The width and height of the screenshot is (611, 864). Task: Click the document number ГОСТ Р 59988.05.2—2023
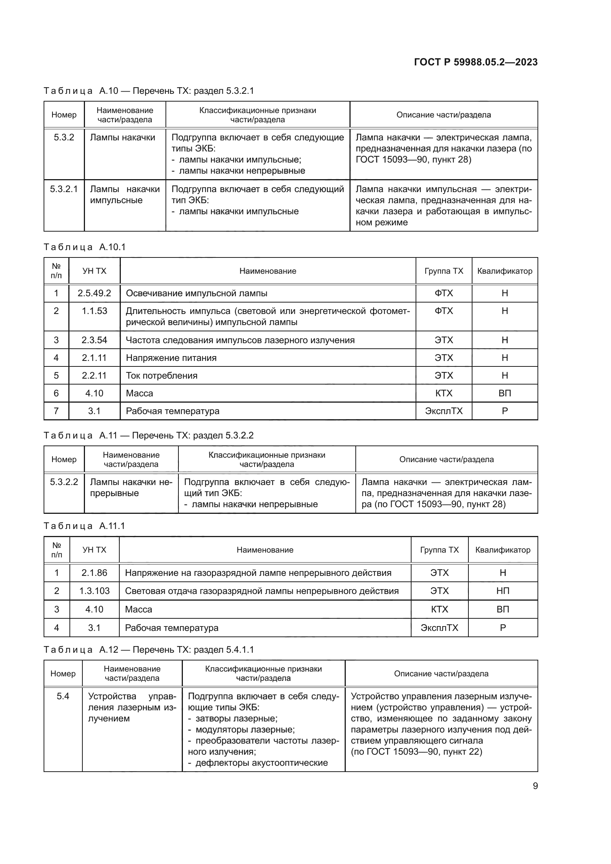pos(475,62)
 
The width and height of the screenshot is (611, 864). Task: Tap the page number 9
pos(535,786)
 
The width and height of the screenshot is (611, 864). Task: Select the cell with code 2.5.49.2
pos(95,293)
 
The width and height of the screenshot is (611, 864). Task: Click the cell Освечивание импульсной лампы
pos(197,293)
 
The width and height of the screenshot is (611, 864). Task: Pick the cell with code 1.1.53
pos(95,311)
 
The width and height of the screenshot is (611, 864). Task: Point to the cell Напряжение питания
pos(171,358)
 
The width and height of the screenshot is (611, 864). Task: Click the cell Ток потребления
pos(161,375)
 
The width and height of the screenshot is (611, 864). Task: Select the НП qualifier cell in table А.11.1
pos(503,591)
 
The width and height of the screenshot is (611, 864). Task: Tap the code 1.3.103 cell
pos(95,591)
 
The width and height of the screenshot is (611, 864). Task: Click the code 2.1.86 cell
pos(95,573)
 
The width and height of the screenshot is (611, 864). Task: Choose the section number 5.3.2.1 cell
pos(64,189)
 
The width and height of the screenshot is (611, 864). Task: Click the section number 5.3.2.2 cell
pos(64,482)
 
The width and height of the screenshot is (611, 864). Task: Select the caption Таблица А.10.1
pos(84,247)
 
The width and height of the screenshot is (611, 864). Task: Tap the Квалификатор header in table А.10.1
pos(505,271)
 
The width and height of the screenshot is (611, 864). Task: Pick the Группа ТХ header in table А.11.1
pos(440,550)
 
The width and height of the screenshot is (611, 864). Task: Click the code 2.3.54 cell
pos(95,340)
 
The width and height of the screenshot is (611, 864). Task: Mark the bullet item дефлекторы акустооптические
pos(262,763)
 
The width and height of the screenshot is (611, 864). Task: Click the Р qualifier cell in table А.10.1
pos(505,411)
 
